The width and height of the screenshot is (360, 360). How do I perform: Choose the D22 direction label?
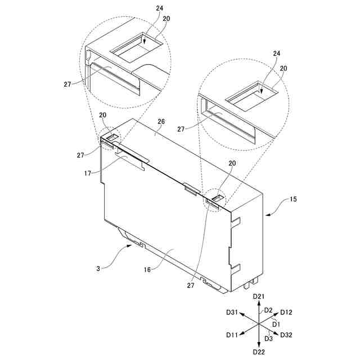[x=259, y=352]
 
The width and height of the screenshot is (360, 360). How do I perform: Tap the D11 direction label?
[x=232, y=335]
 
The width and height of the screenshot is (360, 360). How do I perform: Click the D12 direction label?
[x=286, y=312]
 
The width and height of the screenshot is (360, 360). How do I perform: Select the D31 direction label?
[x=232, y=312]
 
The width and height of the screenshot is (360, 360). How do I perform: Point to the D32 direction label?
[x=286, y=335]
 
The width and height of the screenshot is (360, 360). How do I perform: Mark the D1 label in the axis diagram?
[x=275, y=324]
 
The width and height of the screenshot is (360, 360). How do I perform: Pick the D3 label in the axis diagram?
[x=268, y=337]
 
